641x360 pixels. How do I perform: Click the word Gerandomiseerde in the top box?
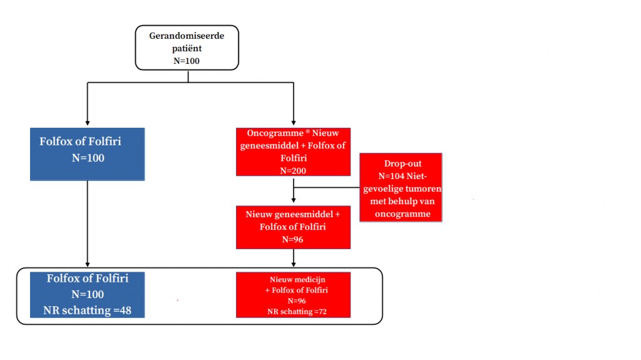(187, 36)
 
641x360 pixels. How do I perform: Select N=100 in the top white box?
(187, 61)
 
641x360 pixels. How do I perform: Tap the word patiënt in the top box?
(187, 48)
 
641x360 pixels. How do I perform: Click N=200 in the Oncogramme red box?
(293, 170)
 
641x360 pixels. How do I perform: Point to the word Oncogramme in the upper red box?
(275, 133)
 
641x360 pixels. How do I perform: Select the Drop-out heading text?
(403, 163)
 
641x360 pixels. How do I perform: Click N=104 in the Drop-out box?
(392, 177)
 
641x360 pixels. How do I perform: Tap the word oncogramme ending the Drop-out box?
(403, 214)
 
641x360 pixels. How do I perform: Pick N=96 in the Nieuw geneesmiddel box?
(293, 239)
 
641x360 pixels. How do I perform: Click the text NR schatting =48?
(88, 310)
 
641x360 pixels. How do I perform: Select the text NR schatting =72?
(297, 311)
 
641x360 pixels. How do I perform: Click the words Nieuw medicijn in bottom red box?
(297, 279)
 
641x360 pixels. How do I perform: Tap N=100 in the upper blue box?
(88, 158)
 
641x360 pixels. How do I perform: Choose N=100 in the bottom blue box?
(88, 294)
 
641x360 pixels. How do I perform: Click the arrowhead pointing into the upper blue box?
(88, 123)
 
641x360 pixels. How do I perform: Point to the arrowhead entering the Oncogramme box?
(294, 123)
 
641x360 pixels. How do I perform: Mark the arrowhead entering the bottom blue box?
(88, 265)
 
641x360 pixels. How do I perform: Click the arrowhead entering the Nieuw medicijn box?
(294, 265)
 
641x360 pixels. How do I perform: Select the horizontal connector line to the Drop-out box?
(327, 187)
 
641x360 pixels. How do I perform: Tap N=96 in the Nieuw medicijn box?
(296, 301)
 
